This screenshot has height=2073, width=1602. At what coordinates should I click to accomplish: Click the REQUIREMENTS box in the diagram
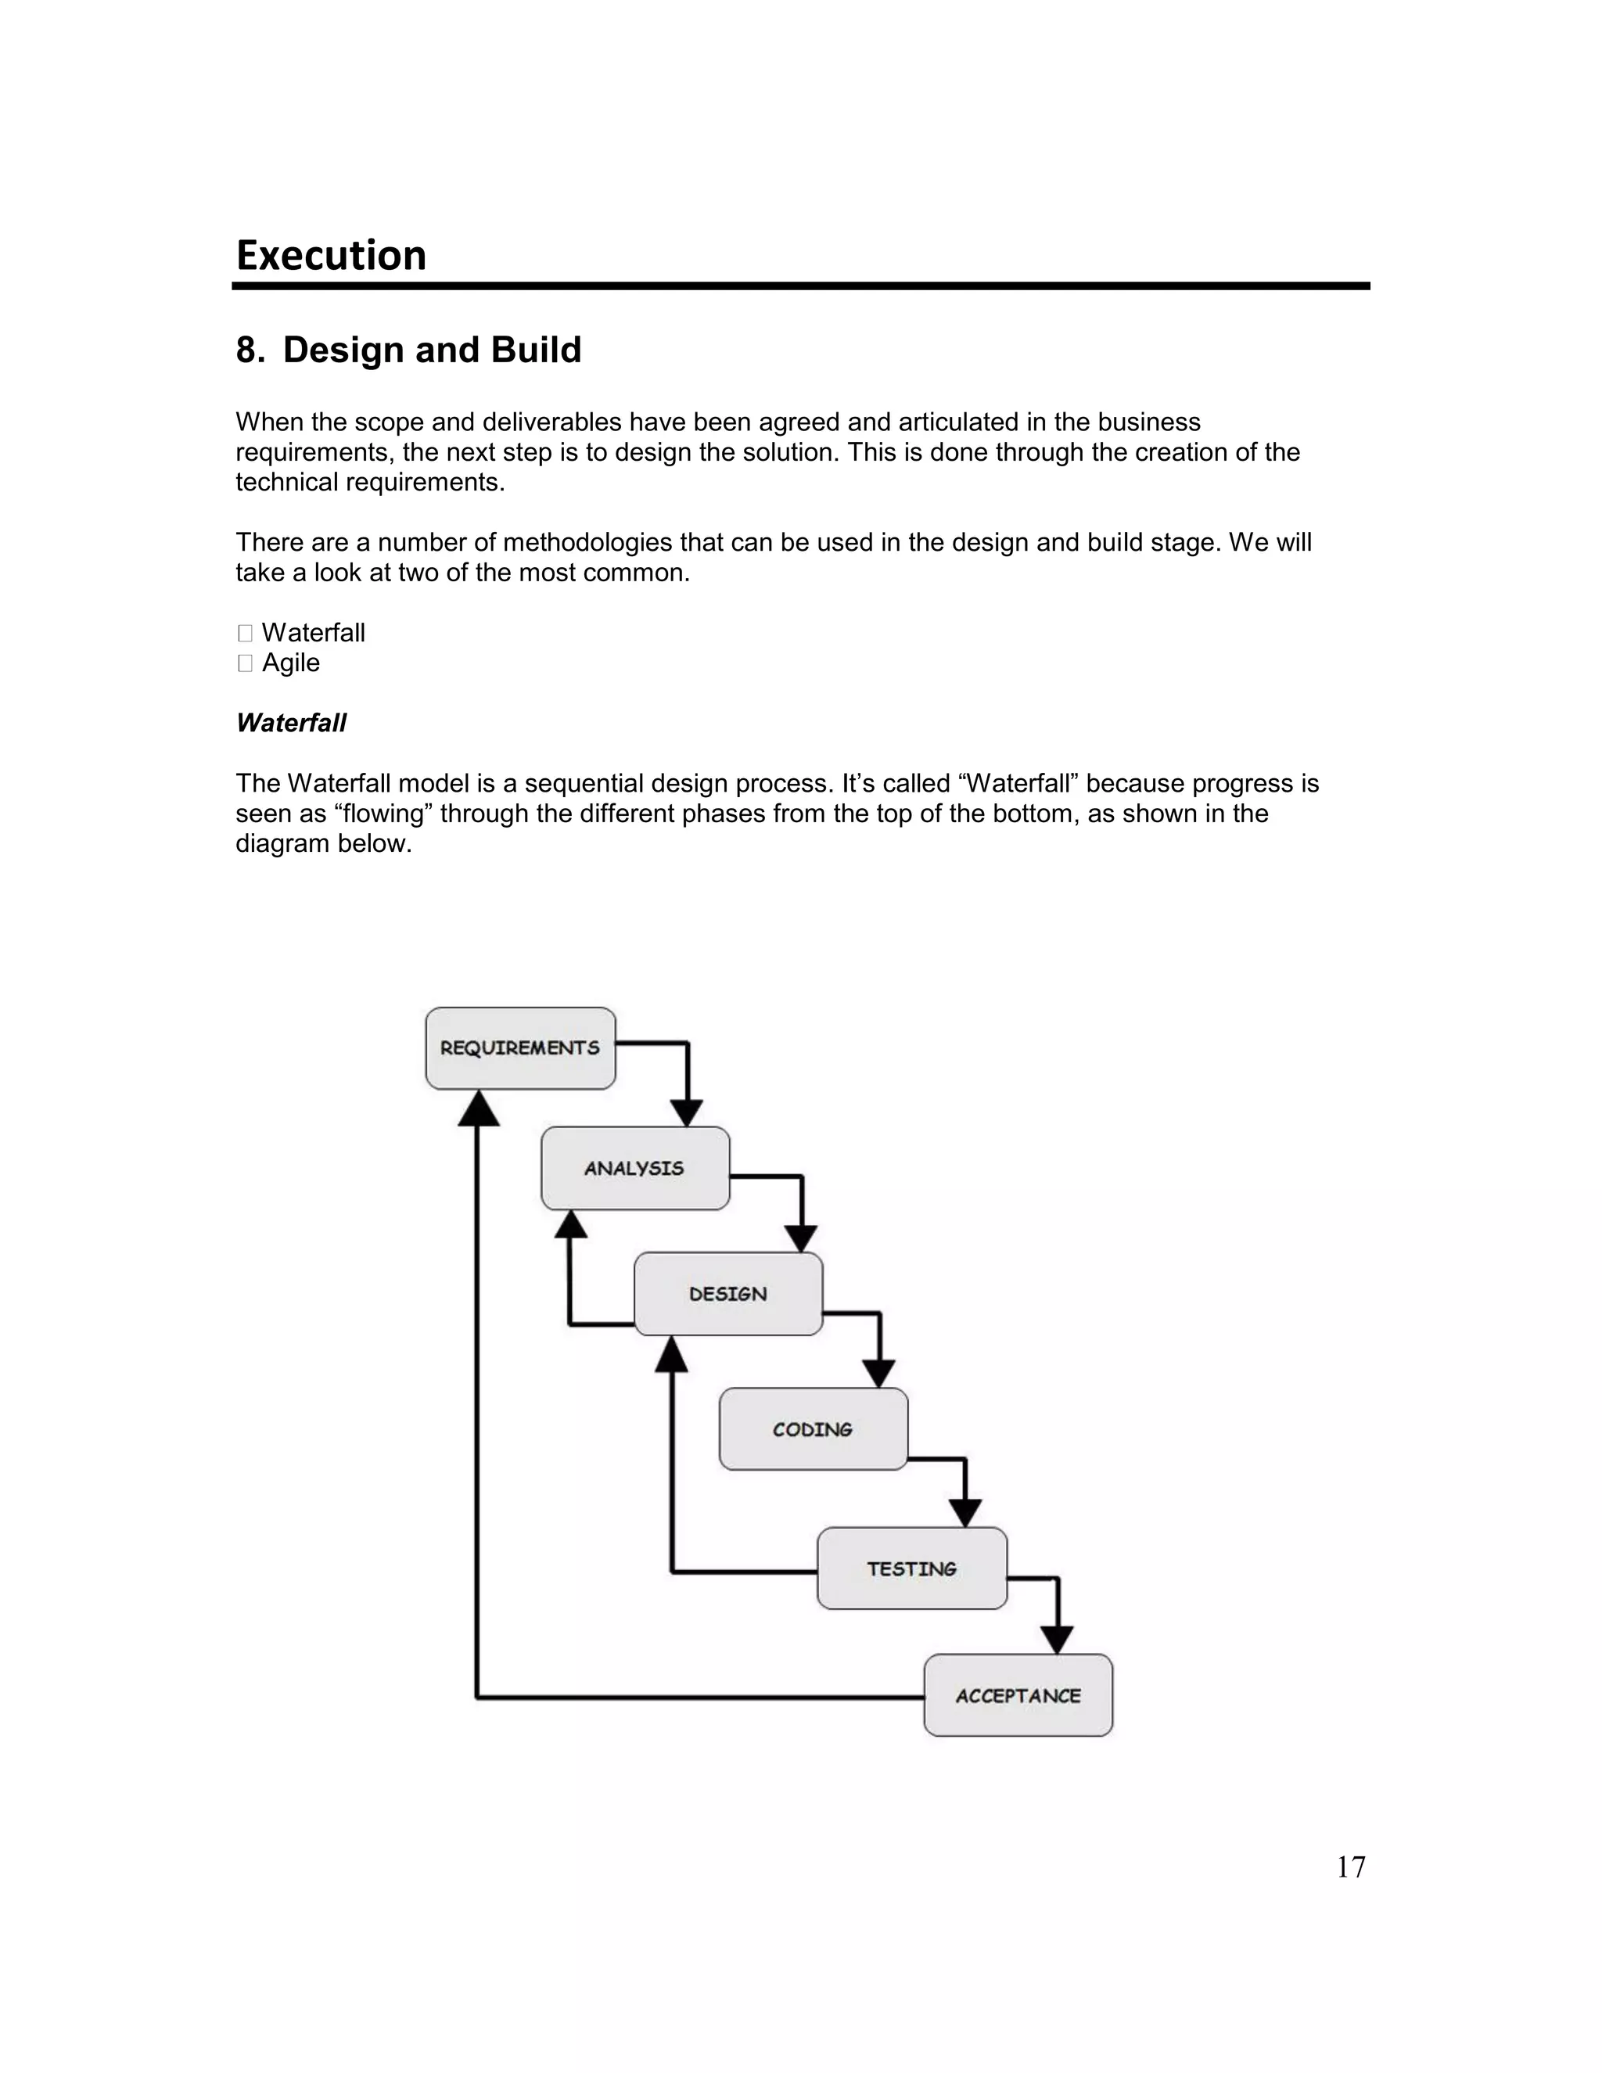(520, 1048)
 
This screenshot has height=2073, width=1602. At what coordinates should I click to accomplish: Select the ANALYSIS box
(635, 1169)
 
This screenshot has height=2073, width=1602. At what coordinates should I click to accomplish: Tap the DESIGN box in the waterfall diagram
(728, 1294)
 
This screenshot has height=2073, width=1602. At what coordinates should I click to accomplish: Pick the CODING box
(814, 1429)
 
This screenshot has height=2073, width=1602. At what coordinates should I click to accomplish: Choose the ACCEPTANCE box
(1018, 1696)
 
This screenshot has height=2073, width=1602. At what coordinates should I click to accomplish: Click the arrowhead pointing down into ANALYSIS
(687, 1112)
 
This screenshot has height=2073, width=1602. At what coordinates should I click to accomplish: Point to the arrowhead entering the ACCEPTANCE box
(1058, 1640)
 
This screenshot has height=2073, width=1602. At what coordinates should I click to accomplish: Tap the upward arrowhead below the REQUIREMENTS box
(478, 1108)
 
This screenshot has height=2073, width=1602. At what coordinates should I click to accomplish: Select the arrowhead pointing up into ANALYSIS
(570, 1224)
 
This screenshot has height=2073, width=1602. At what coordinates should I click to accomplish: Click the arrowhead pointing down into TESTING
(965, 1513)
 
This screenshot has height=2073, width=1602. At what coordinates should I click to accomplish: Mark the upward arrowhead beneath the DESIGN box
(672, 1353)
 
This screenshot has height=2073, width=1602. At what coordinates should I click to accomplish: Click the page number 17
(1350, 1868)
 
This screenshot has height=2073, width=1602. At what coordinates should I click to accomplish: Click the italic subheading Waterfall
(290, 724)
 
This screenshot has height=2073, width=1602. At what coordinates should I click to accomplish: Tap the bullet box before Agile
(245, 663)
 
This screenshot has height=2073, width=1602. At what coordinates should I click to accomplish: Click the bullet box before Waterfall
(245, 633)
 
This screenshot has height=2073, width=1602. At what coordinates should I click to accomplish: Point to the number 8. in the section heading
(250, 350)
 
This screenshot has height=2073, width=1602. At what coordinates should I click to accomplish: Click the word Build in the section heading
(535, 350)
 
